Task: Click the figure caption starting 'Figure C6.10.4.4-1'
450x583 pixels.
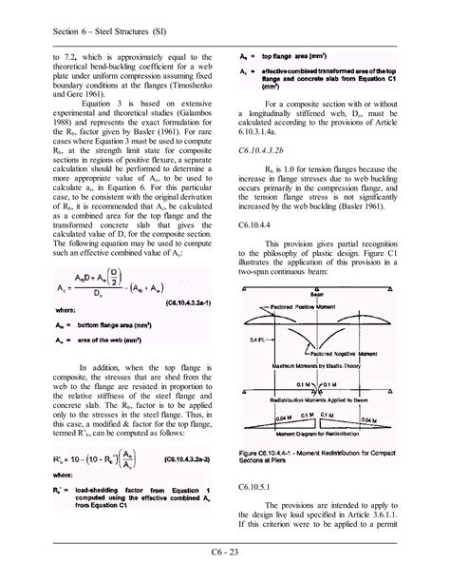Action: point(324,456)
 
